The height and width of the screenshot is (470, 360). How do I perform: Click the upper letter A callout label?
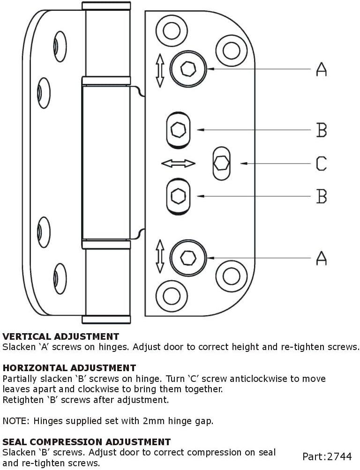tap(321, 69)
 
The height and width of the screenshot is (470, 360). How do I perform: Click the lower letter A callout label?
tap(321, 258)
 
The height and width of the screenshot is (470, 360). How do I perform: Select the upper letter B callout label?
tap(322, 130)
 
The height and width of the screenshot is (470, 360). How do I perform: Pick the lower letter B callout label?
tap(322, 196)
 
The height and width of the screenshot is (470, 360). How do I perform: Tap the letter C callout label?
tap(322, 164)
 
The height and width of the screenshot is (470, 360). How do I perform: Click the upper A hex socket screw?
tap(188, 69)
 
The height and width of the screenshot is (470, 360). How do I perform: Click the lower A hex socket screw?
tap(188, 257)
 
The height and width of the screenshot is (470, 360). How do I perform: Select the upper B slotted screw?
tap(178, 130)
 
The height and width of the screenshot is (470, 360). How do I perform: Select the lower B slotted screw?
tap(178, 196)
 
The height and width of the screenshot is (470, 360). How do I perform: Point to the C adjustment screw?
tap(221, 163)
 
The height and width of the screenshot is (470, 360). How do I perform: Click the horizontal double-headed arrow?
tap(178, 163)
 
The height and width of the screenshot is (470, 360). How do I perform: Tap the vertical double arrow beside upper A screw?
tap(160, 70)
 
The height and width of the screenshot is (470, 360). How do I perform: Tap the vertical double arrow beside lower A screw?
tap(160, 256)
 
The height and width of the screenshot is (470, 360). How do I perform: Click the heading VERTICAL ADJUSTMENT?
tap(61, 336)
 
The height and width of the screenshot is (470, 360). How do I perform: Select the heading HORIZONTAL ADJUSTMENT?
tap(69, 368)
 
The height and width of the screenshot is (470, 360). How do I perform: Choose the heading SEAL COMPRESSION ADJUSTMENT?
tap(87, 442)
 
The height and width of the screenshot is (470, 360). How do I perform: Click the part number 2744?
tap(341, 456)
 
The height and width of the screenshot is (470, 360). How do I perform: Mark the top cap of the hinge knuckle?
tap(106, 6)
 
